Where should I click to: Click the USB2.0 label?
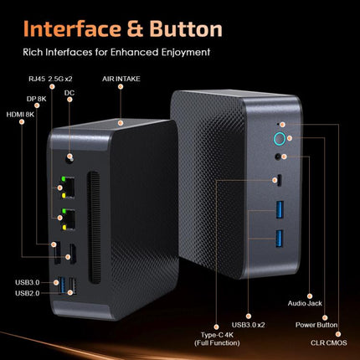click(x=23, y=293)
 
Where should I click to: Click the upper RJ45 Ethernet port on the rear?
click(x=69, y=185)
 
